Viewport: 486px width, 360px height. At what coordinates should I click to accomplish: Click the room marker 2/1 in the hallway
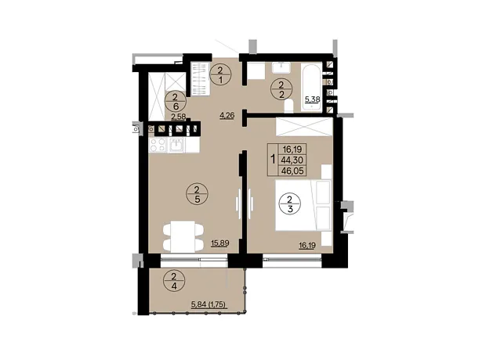coord(221,74)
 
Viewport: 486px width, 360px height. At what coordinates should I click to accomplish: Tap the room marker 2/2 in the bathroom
coord(281,89)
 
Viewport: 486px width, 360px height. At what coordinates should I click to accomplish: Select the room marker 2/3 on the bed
coord(290,203)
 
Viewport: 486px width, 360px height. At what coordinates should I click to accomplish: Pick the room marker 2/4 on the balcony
coord(174,281)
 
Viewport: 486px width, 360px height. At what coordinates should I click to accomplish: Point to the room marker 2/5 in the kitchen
coord(197,194)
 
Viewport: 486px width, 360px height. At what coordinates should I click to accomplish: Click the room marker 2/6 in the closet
coord(176,103)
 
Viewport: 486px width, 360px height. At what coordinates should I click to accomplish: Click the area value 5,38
coord(313,99)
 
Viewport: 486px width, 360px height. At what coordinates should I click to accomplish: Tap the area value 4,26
coord(227,116)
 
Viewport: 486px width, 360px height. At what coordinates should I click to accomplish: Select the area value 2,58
coord(179,117)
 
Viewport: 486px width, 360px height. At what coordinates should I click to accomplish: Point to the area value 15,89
coord(220,243)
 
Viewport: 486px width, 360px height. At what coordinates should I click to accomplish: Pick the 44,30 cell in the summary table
coord(292,160)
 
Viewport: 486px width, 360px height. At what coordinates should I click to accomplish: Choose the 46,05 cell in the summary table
coord(292,171)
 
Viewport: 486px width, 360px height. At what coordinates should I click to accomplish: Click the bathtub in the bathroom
coord(311,88)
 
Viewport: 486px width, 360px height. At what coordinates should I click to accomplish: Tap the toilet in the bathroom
coord(288,106)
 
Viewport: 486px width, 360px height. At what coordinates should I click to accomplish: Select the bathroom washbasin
coord(281,68)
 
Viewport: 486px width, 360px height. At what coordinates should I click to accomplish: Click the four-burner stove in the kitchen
coord(158,145)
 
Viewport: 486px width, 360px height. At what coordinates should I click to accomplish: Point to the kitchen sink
coord(176,146)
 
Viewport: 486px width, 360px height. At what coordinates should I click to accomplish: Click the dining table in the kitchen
coord(183,236)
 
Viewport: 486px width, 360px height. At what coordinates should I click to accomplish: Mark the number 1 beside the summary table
coord(273,160)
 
